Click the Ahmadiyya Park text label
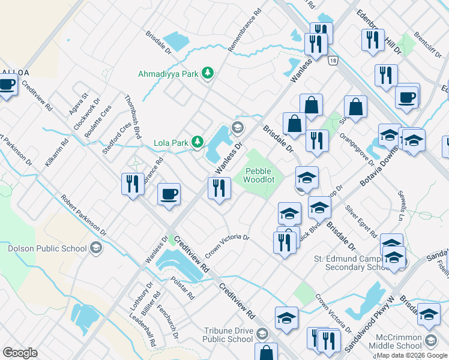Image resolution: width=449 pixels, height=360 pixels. point(168,74)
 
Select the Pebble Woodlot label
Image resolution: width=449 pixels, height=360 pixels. point(259,175)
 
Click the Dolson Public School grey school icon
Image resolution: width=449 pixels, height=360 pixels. point(95,248)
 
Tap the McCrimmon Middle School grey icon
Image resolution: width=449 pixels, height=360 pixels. point(430,341)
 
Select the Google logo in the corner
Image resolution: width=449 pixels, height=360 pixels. point(20,353)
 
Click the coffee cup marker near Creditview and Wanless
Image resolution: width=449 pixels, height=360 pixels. point(169,194)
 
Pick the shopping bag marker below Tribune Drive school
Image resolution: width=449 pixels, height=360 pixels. point(266,353)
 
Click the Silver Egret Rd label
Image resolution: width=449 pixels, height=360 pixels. point(361,221)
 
